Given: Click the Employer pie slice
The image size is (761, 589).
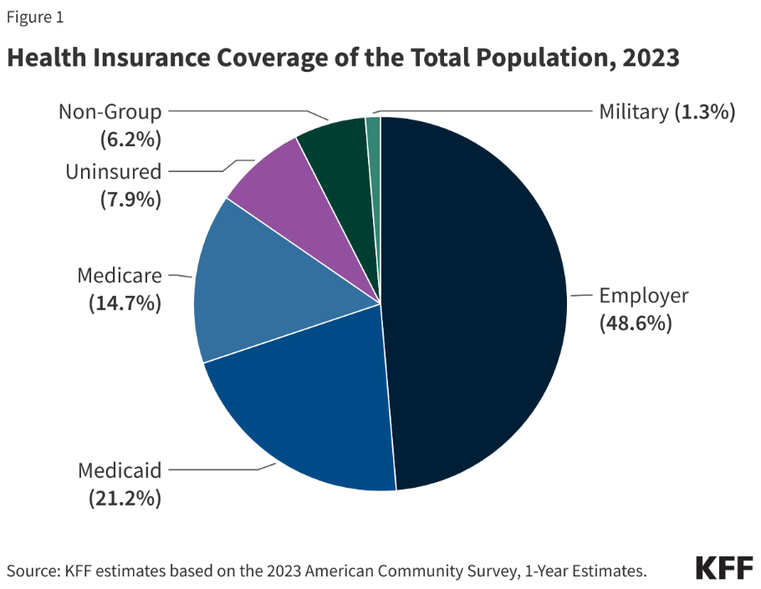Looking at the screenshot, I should (477, 301).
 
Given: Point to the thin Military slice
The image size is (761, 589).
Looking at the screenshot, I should (374, 134).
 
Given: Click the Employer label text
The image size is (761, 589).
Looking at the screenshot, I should (643, 295).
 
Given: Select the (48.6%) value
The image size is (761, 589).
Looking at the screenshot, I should (636, 323).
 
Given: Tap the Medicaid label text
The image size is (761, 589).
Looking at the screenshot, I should (119, 470).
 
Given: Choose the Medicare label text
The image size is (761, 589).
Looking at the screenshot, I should (119, 275).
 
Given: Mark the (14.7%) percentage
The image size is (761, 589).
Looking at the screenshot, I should (125, 303).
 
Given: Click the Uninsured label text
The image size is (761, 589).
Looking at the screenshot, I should (113, 171).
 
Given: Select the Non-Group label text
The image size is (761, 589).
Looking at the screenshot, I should (110, 111).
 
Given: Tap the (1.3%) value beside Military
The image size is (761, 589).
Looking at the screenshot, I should (704, 111).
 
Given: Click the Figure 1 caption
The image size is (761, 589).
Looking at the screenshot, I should (35, 17).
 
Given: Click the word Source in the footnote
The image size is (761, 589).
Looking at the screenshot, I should (29, 571).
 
